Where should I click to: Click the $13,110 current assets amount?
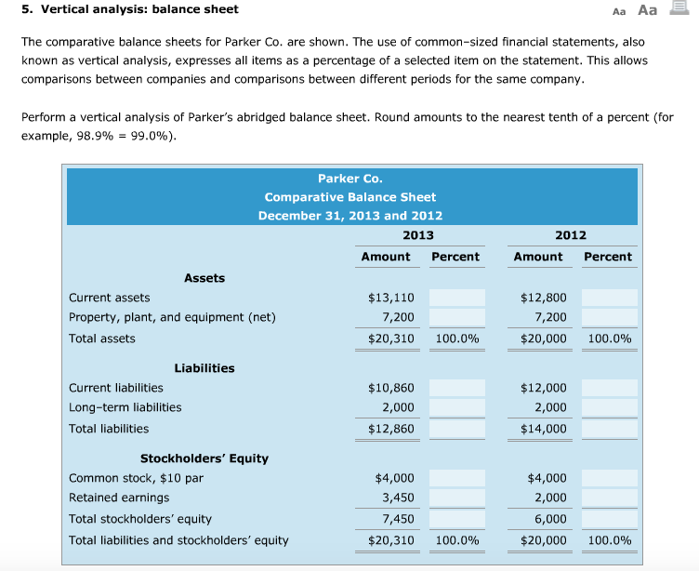tap(390, 298)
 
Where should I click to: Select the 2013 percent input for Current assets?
tap(457, 298)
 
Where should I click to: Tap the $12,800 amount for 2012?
tap(543, 298)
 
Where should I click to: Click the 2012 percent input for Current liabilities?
tap(610, 388)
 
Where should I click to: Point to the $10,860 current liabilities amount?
tap(390, 388)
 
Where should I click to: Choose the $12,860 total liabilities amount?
tap(390, 429)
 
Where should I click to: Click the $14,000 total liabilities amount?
tap(543, 429)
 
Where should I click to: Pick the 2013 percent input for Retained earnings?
tap(457, 498)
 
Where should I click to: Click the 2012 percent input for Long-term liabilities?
tap(610, 408)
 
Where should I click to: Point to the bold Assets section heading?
tap(204, 277)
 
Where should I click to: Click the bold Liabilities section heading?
tap(204, 368)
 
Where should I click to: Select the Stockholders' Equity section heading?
tap(204, 458)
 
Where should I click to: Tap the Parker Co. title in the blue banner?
tap(349, 178)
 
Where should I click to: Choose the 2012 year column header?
tap(570, 235)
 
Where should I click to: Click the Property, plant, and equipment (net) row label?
tap(172, 318)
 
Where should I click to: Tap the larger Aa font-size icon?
tap(647, 10)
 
